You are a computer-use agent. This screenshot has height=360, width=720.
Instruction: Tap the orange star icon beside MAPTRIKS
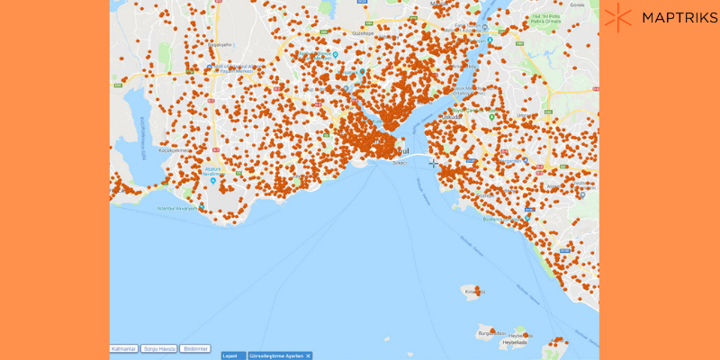click(618, 17)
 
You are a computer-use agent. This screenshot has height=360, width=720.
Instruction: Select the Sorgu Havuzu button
click(158, 348)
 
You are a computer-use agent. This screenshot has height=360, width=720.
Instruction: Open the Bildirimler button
click(194, 348)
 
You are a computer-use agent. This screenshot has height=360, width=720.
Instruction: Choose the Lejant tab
click(229, 356)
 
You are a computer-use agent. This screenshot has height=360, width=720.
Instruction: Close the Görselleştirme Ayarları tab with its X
click(308, 356)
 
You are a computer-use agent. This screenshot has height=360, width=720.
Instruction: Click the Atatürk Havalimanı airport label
click(212, 171)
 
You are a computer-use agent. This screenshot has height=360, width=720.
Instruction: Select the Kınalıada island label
click(473, 292)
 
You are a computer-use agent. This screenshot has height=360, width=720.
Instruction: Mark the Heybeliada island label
click(515, 342)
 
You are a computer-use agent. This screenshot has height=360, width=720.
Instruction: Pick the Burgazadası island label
click(491, 333)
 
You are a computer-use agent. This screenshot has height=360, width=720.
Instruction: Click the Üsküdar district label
click(453, 117)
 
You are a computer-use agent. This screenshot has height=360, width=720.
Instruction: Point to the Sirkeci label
click(399, 163)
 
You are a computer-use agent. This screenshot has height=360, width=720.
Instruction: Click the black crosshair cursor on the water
click(433, 163)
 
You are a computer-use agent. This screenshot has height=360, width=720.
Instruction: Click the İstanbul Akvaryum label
click(177, 208)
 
